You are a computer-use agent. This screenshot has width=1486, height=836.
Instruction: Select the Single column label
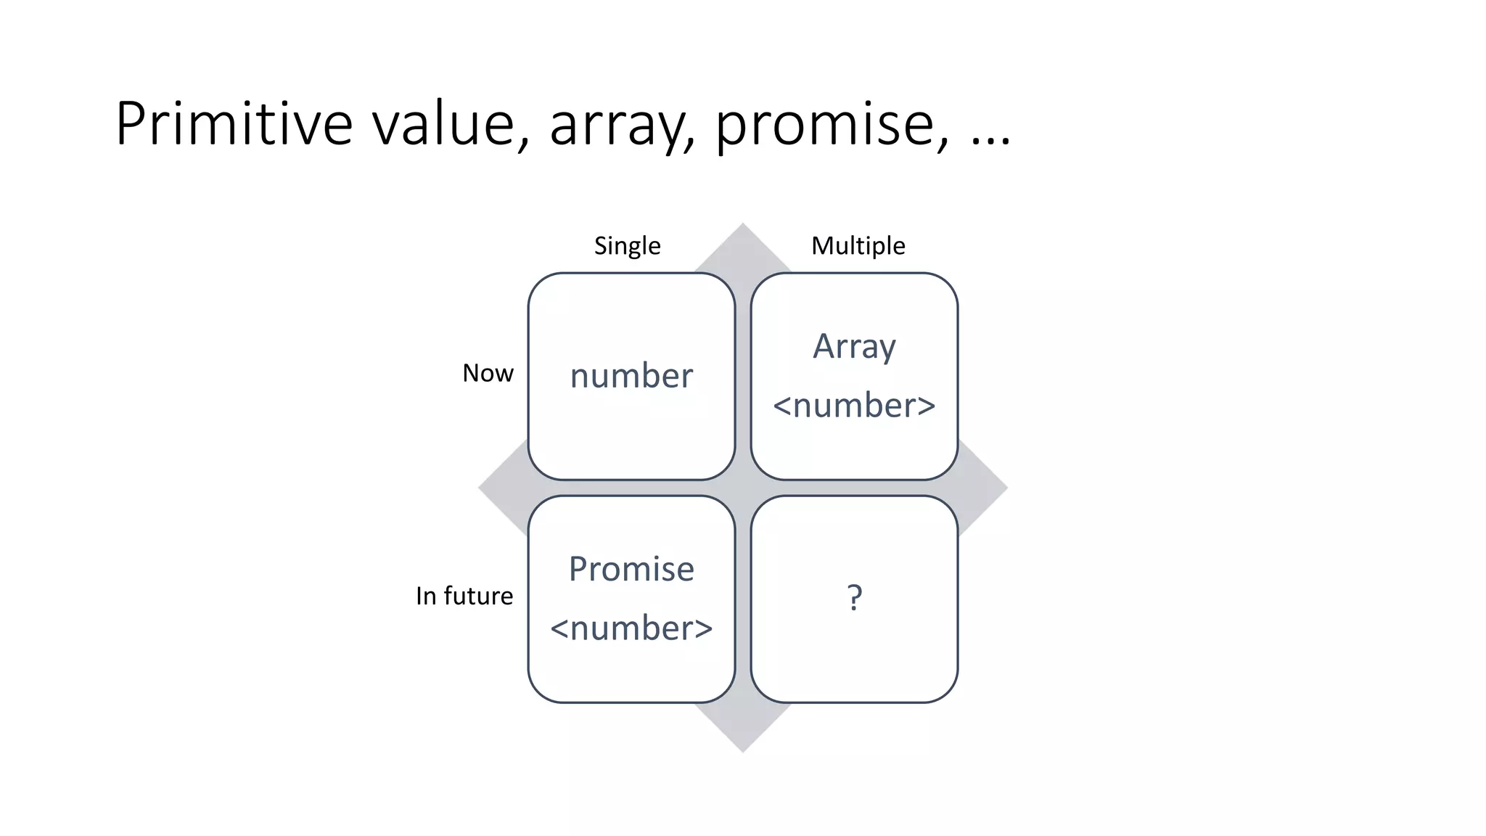pyautogui.click(x=627, y=246)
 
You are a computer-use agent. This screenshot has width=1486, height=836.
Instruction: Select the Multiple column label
pyautogui.click(x=858, y=246)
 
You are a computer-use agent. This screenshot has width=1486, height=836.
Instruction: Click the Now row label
pyautogui.click(x=488, y=373)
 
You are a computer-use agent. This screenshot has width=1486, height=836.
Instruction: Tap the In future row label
pyautogui.click(x=464, y=596)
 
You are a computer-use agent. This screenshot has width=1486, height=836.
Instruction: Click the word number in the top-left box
pyautogui.click(x=631, y=376)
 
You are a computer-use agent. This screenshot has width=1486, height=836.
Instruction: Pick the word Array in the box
pyautogui.click(x=854, y=347)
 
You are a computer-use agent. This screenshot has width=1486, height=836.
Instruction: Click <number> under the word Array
pyautogui.click(x=854, y=405)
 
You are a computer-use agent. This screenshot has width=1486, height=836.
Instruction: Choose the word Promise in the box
pyautogui.click(x=631, y=569)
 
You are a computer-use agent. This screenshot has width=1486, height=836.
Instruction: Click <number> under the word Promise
pyautogui.click(x=631, y=628)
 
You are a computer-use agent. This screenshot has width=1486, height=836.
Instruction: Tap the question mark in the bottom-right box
pyautogui.click(x=855, y=598)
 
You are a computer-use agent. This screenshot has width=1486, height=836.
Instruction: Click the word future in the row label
pyautogui.click(x=478, y=596)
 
